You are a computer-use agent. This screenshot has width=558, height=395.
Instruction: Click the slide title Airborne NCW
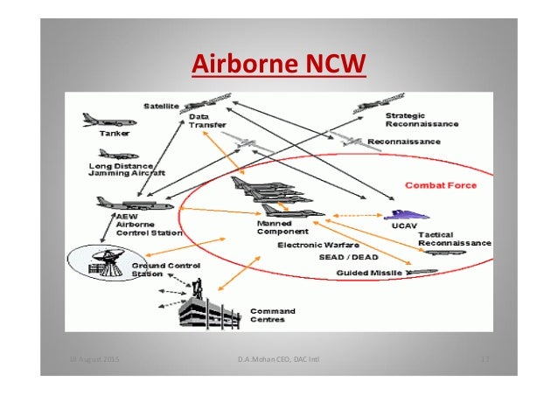(x=277, y=64)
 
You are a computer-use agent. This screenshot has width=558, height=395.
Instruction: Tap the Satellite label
(x=164, y=106)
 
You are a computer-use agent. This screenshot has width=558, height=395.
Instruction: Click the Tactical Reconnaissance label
(x=453, y=239)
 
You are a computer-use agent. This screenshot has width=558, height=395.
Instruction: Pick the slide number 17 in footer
(x=484, y=359)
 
